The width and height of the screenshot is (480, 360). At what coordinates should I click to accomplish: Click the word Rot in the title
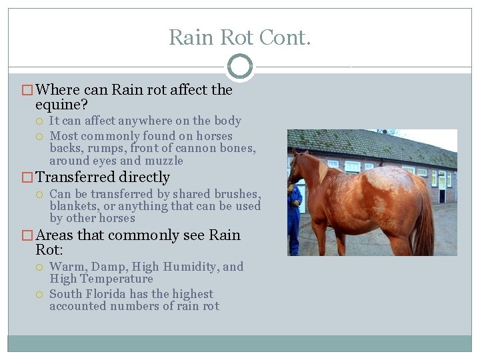click(237, 37)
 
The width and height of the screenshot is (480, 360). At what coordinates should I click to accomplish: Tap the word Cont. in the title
click(287, 37)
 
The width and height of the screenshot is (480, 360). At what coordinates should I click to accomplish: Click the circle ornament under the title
click(240, 67)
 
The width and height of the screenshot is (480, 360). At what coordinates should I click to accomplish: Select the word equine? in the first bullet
click(62, 105)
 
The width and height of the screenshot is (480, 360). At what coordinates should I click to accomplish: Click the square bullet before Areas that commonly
click(27, 235)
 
